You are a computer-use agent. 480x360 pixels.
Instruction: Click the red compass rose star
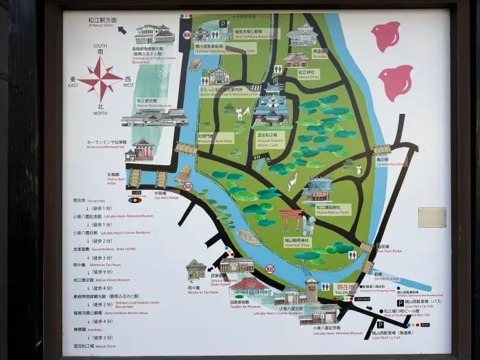click(x=101, y=79)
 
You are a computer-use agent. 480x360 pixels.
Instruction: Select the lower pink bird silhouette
click(x=396, y=82)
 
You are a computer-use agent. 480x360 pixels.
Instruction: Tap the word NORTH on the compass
click(x=101, y=112)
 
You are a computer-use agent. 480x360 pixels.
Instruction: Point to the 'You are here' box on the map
click(x=346, y=290)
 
